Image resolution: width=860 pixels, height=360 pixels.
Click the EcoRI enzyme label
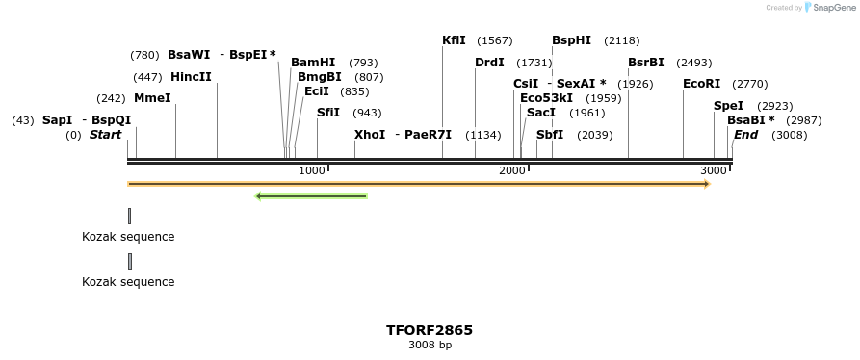(701, 84)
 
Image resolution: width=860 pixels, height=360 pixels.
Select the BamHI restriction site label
(313, 63)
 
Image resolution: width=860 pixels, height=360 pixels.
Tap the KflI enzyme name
(454, 40)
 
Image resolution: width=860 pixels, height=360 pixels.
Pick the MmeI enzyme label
(152, 98)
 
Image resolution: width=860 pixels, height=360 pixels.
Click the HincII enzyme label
(191, 77)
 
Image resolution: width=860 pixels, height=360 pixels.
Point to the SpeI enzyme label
(728, 106)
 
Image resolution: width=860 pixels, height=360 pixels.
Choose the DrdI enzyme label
(489, 63)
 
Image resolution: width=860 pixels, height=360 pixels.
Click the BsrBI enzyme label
(645, 63)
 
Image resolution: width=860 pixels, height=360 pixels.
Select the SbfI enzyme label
(550, 135)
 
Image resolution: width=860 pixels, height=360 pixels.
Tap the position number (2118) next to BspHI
(621, 40)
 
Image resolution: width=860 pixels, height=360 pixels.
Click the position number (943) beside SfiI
(367, 113)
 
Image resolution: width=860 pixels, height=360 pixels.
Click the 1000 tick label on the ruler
(312, 170)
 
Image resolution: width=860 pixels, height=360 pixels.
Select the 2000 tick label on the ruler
(512, 170)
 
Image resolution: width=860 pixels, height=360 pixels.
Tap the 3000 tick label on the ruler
(714, 170)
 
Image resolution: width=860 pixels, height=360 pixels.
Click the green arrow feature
(311, 196)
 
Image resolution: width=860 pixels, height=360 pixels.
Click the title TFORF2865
(430, 330)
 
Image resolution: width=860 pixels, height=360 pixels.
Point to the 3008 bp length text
(430, 345)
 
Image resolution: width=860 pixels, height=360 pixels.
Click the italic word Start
(105, 135)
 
